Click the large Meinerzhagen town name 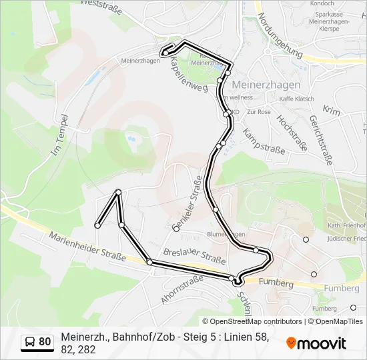pos(266,85)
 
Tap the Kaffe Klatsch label pos(296,99)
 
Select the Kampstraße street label pos(264,141)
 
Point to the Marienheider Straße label pos(87,247)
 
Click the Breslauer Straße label pos(194,255)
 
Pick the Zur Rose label pos(259,112)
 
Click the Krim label pos(330,109)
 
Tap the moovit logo pos(316,343)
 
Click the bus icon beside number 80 pos(31,342)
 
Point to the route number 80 pos(45,342)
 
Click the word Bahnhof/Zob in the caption pos(140,337)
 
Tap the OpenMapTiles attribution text pos(337,321)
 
